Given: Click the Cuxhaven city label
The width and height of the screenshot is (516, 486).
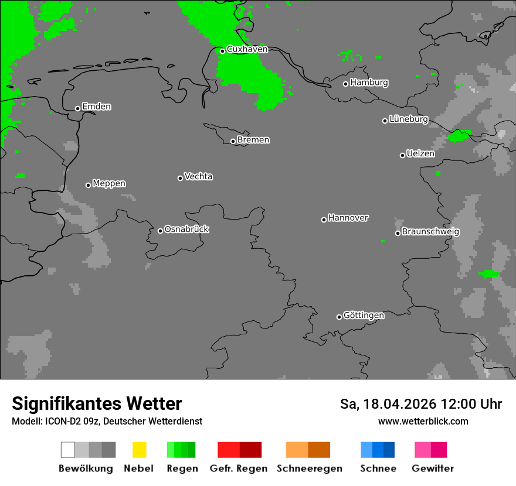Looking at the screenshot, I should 247,49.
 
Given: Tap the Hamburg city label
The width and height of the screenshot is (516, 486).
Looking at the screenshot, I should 369,83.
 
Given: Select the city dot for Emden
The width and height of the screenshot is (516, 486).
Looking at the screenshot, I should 77,108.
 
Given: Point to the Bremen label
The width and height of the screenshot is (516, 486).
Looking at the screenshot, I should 253,140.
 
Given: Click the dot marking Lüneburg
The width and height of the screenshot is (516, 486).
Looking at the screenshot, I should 385,121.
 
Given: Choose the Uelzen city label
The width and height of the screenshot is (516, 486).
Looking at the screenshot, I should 420,153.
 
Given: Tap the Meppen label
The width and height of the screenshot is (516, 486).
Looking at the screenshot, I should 109,183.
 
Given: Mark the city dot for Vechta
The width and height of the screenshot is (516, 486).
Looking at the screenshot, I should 180,178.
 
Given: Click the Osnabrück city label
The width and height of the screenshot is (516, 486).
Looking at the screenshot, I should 186,229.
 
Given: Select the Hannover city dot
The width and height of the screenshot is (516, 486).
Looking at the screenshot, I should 324,220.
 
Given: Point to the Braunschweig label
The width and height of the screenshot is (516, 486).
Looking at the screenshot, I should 430,231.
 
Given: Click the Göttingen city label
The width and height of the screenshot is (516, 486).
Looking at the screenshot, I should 364,315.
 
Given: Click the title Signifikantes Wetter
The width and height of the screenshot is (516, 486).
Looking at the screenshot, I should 97,403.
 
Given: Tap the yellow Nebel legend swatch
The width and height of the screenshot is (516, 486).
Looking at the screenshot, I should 139,450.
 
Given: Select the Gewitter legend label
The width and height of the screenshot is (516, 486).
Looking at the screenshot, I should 433,468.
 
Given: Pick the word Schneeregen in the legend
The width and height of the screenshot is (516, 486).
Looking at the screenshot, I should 310,468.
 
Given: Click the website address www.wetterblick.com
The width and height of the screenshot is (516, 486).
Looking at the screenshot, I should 423,421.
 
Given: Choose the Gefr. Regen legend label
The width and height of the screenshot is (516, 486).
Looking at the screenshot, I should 239,468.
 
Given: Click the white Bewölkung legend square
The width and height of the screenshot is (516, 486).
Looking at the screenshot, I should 67,450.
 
